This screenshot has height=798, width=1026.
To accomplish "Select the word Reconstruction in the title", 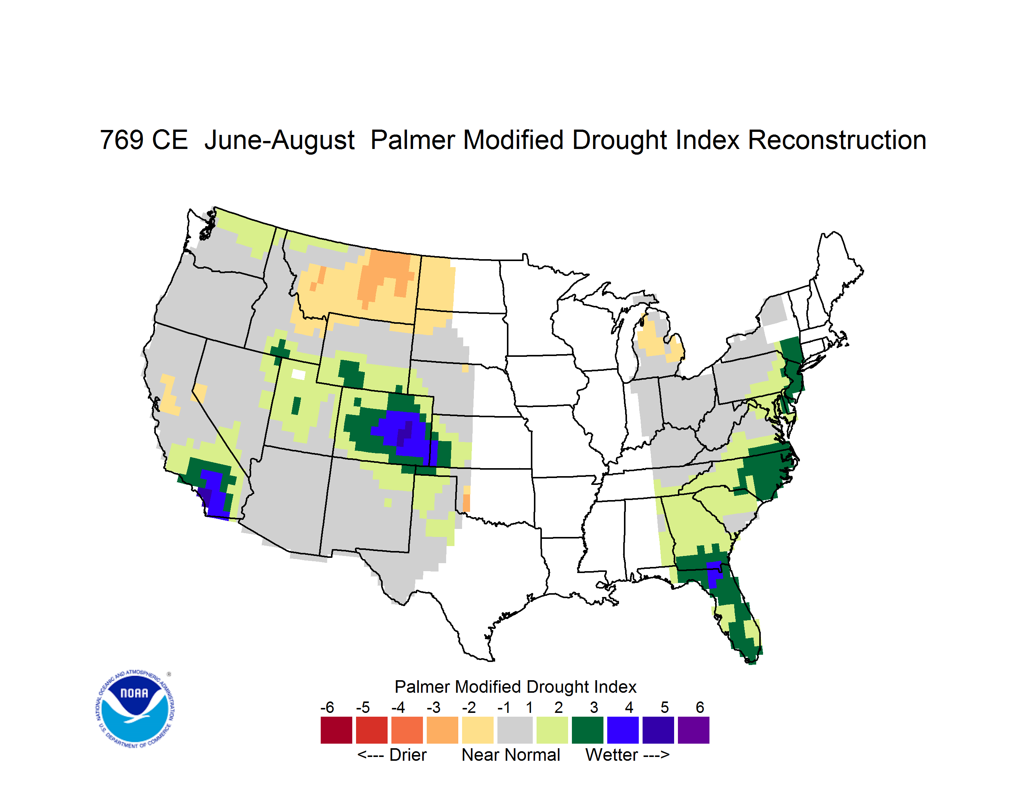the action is point(837,140).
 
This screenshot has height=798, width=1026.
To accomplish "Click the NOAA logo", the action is point(135,709).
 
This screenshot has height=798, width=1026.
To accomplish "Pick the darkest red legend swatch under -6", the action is point(336,730).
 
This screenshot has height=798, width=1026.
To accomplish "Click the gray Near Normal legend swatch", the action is point(515,730).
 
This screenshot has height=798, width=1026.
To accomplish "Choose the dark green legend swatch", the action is point(587,730).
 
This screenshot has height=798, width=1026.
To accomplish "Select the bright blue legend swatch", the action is point(623,730).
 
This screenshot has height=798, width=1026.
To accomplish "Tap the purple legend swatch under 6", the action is point(693,730).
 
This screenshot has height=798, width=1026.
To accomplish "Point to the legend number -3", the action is point(434,707).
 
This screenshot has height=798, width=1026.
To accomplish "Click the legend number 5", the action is point(665,707).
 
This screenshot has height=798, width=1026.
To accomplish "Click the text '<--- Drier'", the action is point(392,755).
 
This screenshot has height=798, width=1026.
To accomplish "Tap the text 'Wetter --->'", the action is point(627,755).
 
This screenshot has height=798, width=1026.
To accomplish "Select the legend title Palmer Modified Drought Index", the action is point(515,687).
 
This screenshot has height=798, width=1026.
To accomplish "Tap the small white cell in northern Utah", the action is point(298,374).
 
